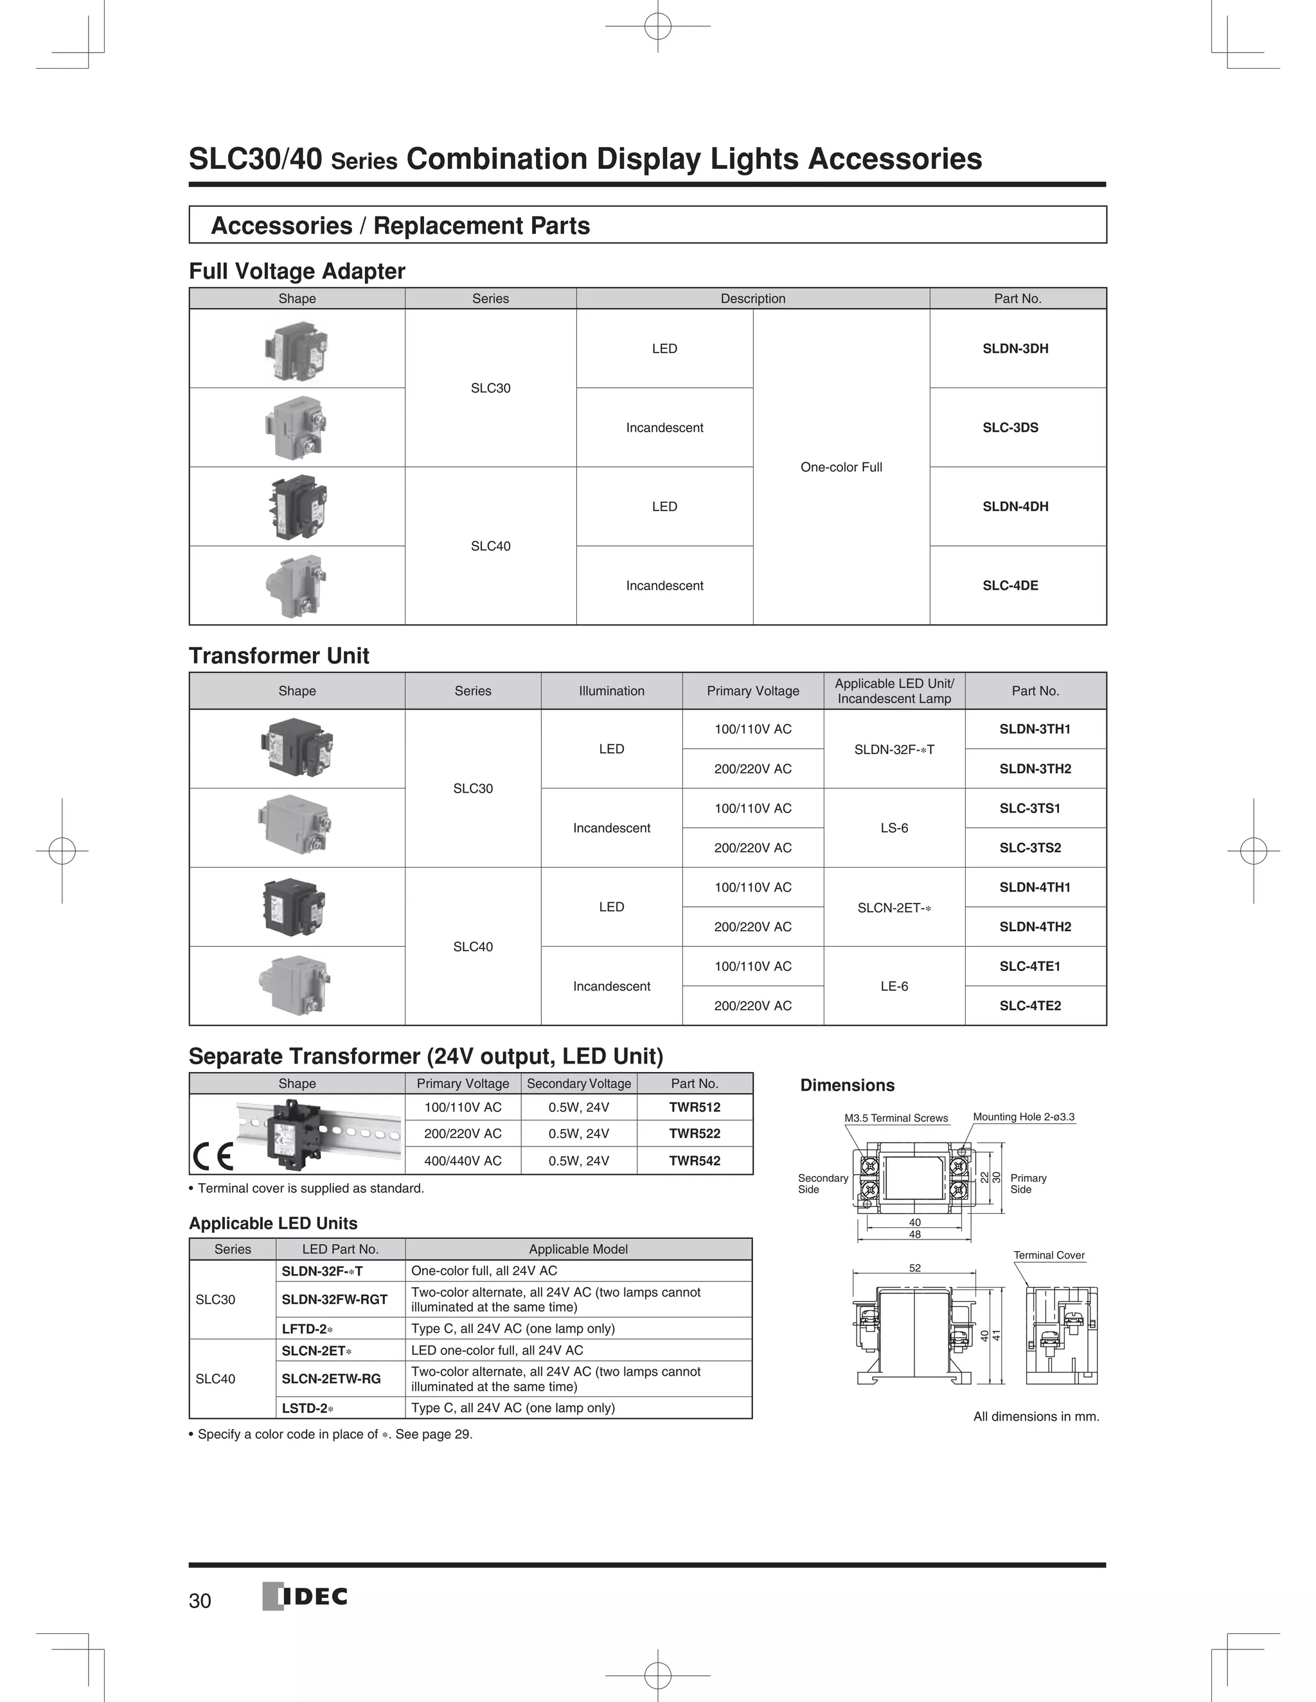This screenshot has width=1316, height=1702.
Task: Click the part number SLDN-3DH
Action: click(x=1015, y=348)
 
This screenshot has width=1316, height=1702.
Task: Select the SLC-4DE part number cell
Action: click(x=1010, y=585)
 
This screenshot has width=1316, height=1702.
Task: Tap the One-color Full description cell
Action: click(x=840, y=467)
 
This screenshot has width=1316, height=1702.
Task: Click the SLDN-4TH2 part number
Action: click(x=1035, y=927)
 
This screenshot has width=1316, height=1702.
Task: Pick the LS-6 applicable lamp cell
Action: click(x=893, y=828)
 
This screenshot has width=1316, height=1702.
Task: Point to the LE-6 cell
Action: click(x=893, y=986)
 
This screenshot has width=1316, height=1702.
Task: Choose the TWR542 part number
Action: click(x=694, y=1161)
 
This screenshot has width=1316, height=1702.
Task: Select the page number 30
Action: click(x=200, y=1601)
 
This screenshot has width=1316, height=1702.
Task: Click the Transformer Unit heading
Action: click(x=278, y=655)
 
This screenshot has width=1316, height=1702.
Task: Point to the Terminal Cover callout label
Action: click(x=1049, y=1255)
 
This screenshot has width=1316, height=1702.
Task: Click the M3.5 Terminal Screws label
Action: click(x=896, y=1118)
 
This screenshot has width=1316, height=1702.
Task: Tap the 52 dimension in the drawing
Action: click(x=914, y=1268)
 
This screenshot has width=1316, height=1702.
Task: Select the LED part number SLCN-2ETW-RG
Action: click(x=332, y=1378)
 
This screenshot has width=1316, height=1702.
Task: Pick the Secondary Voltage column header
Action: click(x=578, y=1083)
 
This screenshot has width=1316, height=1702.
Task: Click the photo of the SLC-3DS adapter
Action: click(x=296, y=427)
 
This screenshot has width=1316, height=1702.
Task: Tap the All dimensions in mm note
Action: click(x=1035, y=1416)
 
